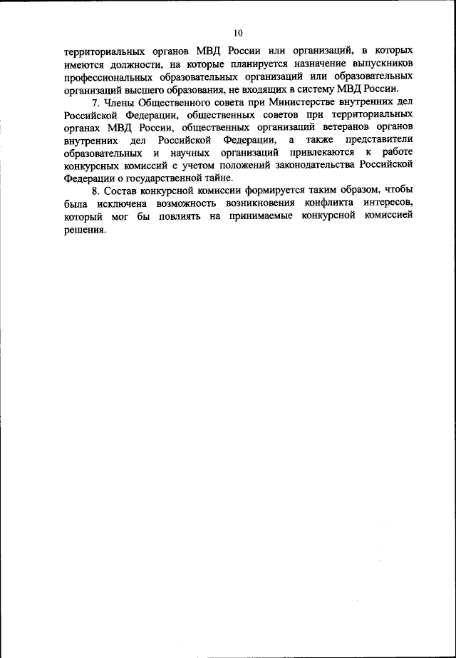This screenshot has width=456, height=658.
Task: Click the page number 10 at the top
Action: tap(237, 33)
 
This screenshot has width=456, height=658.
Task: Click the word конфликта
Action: tap(313, 206)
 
